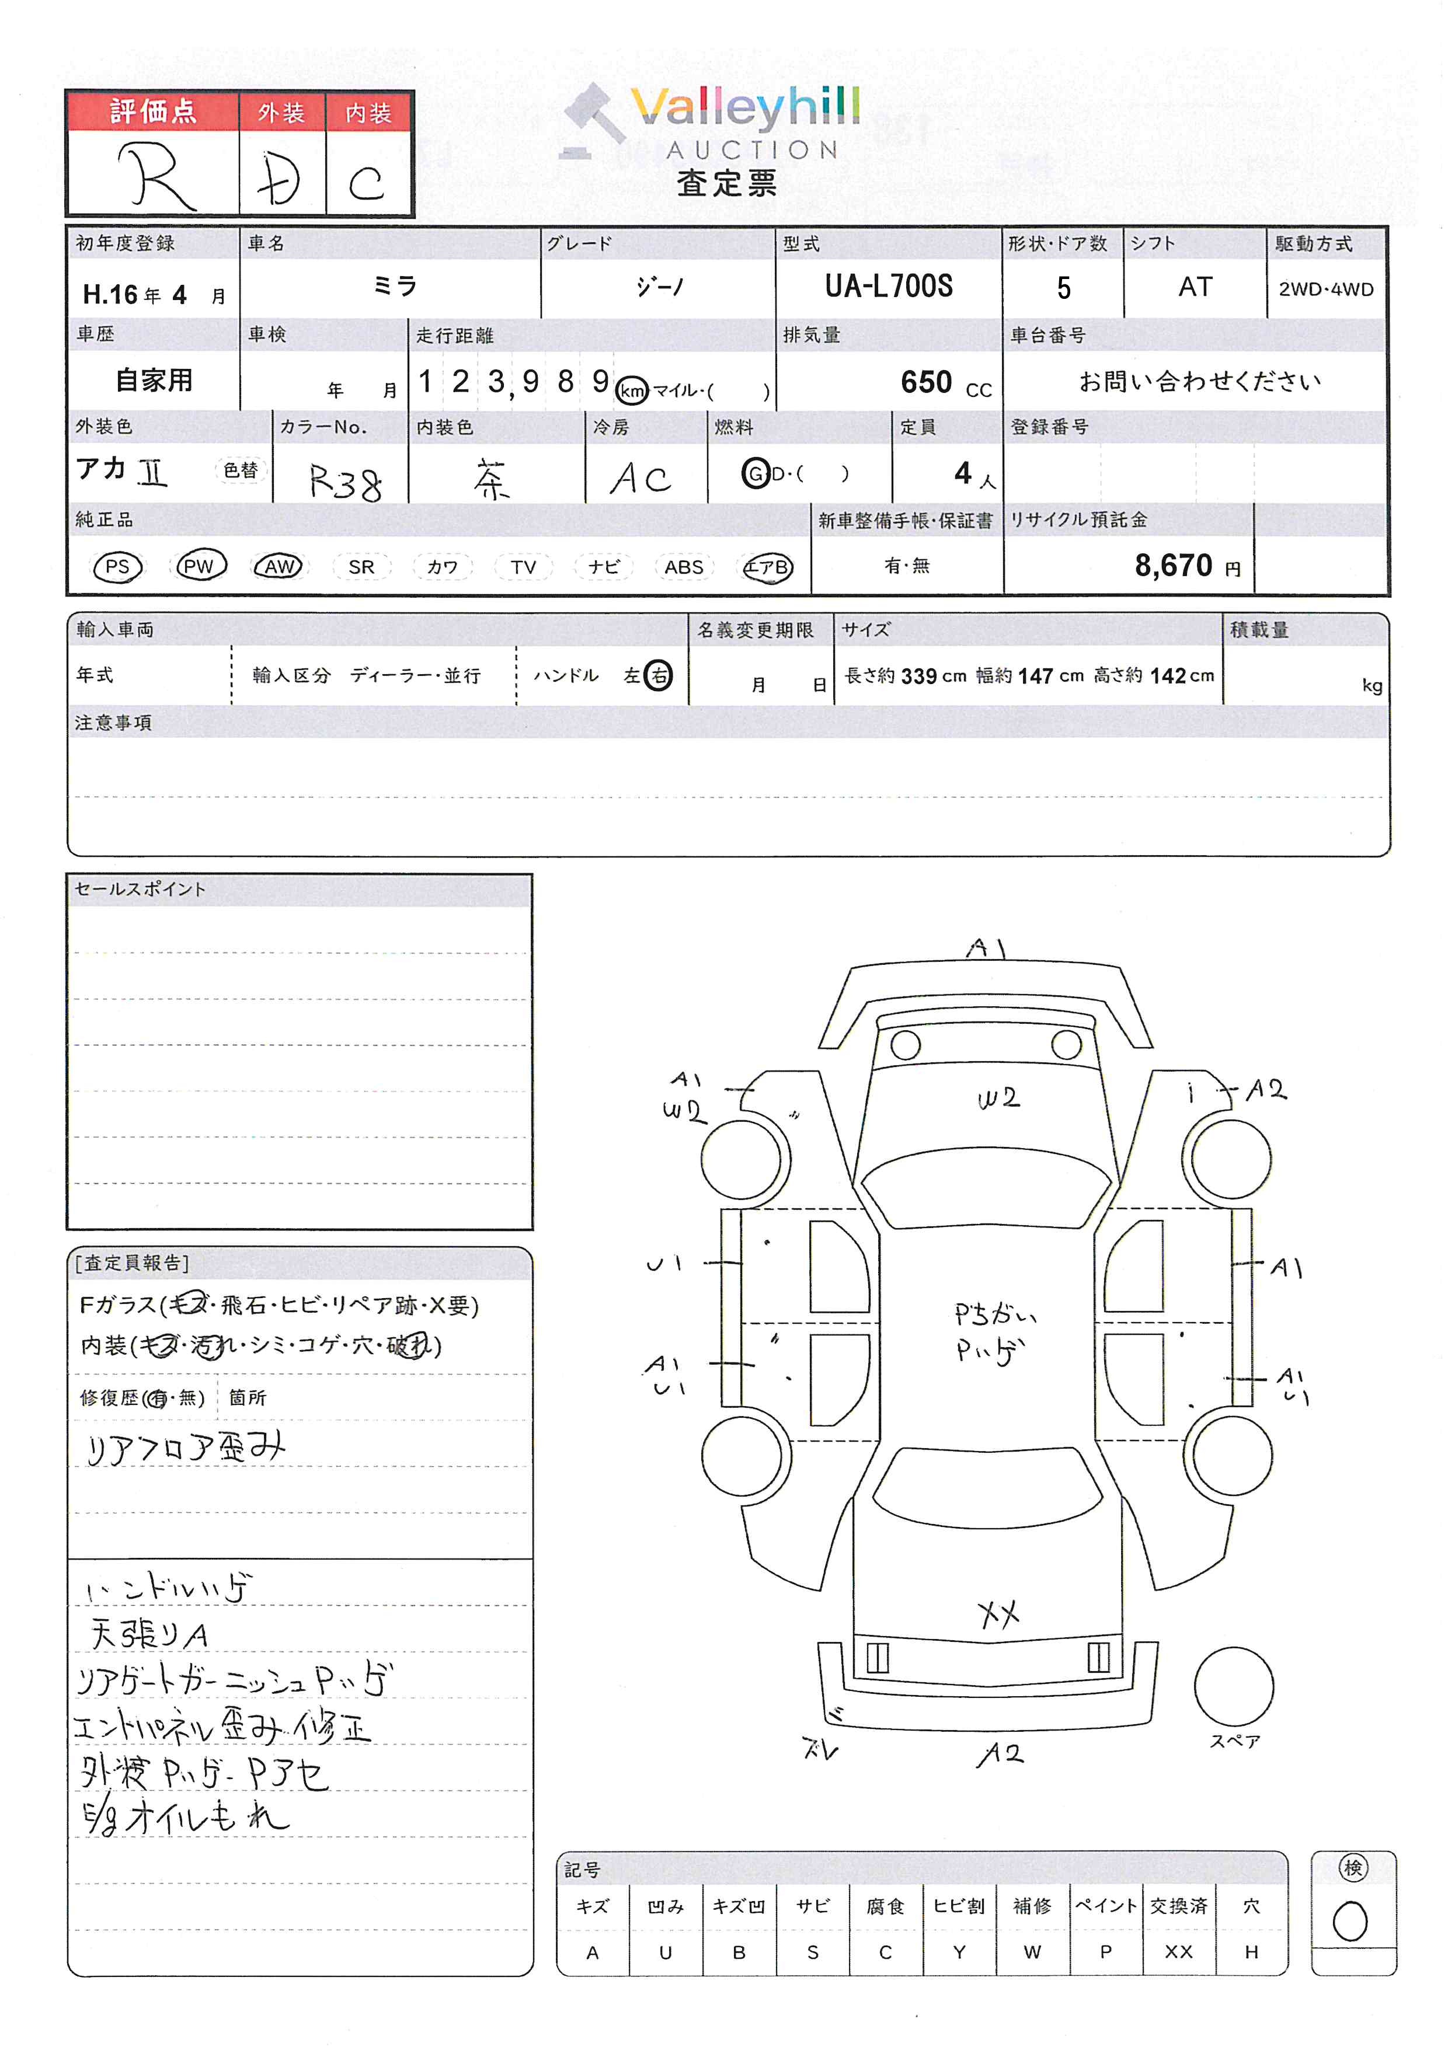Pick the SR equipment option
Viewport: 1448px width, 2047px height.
click(x=361, y=567)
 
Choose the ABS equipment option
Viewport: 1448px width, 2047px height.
click(x=684, y=567)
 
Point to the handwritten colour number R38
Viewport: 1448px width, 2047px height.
click(x=345, y=482)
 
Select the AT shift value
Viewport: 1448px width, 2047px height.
click(x=1195, y=287)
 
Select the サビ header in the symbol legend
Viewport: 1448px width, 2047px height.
click(x=812, y=1905)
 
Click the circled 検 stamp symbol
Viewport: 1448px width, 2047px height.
click(x=1353, y=1868)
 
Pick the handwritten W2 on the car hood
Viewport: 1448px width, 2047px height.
click(x=998, y=1099)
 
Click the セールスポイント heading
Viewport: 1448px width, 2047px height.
click(x=140, y=889)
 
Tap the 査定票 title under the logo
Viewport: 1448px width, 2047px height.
click(x=727, y=183)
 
